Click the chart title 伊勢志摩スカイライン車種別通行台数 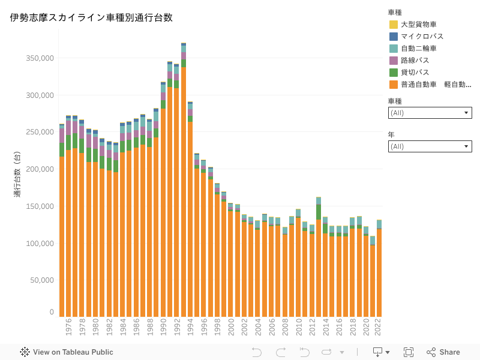pos(91,18)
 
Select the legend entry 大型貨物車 pos(418,25)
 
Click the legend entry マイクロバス pos(422,37)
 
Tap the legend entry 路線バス pos(415,61)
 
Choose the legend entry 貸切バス pos(415,73)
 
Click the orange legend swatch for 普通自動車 pos(394,85)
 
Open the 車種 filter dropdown pos(430,113)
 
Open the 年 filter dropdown pos(430,146)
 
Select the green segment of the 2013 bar pos(319,212)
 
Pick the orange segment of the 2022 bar pos(379,273)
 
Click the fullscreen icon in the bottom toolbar pos(409,352)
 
